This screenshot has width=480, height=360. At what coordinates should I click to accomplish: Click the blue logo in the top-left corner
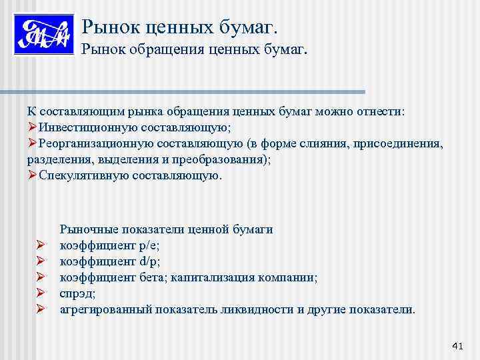pyautogui.click(x=43, y=35)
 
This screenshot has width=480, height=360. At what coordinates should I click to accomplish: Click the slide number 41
pyautogui.click(x=457, y=345)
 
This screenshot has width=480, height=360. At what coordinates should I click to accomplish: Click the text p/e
pyautogui.click(x=149, y=245)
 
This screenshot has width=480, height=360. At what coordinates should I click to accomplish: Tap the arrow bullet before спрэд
pyautogui.click(x=40, y=293)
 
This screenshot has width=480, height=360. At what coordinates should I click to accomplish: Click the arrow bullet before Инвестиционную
pyautogui.click(x=32, y=127)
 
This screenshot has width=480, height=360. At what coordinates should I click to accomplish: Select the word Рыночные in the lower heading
pyautogui.click(x=85, y=229)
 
